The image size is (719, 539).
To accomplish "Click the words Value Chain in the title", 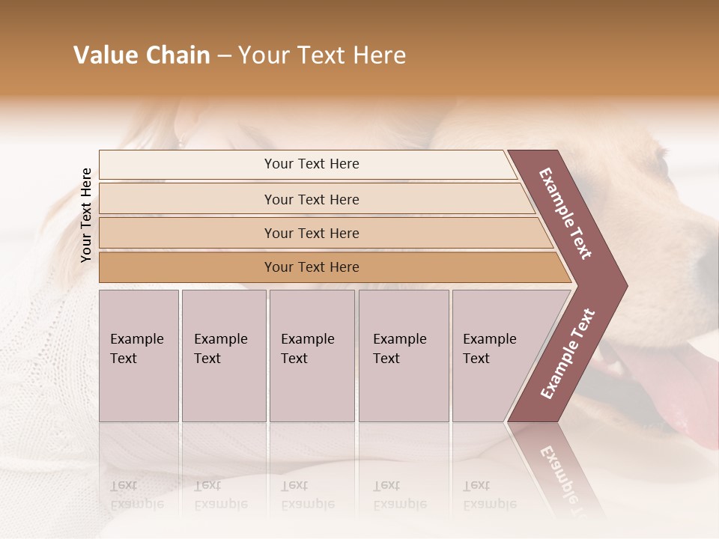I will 142,55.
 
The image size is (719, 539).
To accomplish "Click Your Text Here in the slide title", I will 322,55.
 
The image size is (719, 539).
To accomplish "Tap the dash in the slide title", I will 224,56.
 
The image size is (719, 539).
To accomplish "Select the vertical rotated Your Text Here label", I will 87,215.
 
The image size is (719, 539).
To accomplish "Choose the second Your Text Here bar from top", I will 312,199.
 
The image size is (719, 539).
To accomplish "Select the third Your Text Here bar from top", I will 312,233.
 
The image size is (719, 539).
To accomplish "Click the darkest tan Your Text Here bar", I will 312,267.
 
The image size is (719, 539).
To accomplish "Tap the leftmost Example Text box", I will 139,356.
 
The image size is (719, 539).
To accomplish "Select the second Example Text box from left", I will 223,356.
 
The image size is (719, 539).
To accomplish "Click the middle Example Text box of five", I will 312,356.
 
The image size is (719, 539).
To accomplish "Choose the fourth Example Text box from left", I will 403,356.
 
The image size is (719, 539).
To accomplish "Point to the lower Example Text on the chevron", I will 568,354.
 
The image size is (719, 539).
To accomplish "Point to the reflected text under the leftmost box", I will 136,494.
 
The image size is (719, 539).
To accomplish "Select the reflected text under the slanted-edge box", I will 489,494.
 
